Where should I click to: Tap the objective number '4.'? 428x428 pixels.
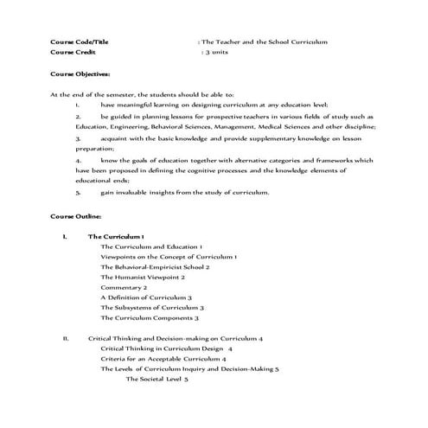79,160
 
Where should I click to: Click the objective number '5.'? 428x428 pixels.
79,192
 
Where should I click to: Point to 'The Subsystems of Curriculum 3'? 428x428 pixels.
152,307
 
